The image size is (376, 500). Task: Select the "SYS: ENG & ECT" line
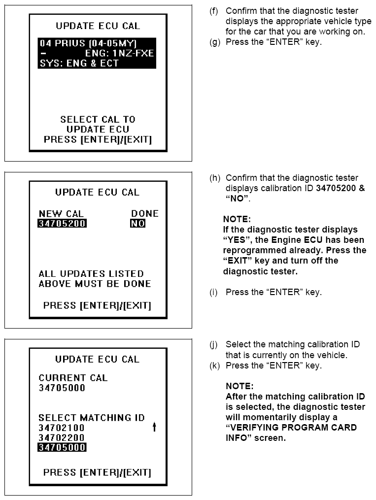click(79, 63)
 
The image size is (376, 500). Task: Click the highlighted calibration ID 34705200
click(63, 224)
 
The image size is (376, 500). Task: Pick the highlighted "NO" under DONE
click(137, 224)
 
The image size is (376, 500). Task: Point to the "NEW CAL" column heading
click(61, 214)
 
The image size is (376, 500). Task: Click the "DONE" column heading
click(144, 214)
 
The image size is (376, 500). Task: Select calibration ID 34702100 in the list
click(62, 428)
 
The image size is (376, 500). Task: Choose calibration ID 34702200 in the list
click(62, 437)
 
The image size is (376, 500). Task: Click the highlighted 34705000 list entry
click(62, 447)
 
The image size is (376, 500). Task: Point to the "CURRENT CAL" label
click(73, 378)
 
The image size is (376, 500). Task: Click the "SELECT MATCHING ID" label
click(92, 418)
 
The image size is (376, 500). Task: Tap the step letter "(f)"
click(214, 11)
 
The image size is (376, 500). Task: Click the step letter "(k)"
click(214, 365)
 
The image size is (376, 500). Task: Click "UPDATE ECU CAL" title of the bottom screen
click(97, 359)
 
